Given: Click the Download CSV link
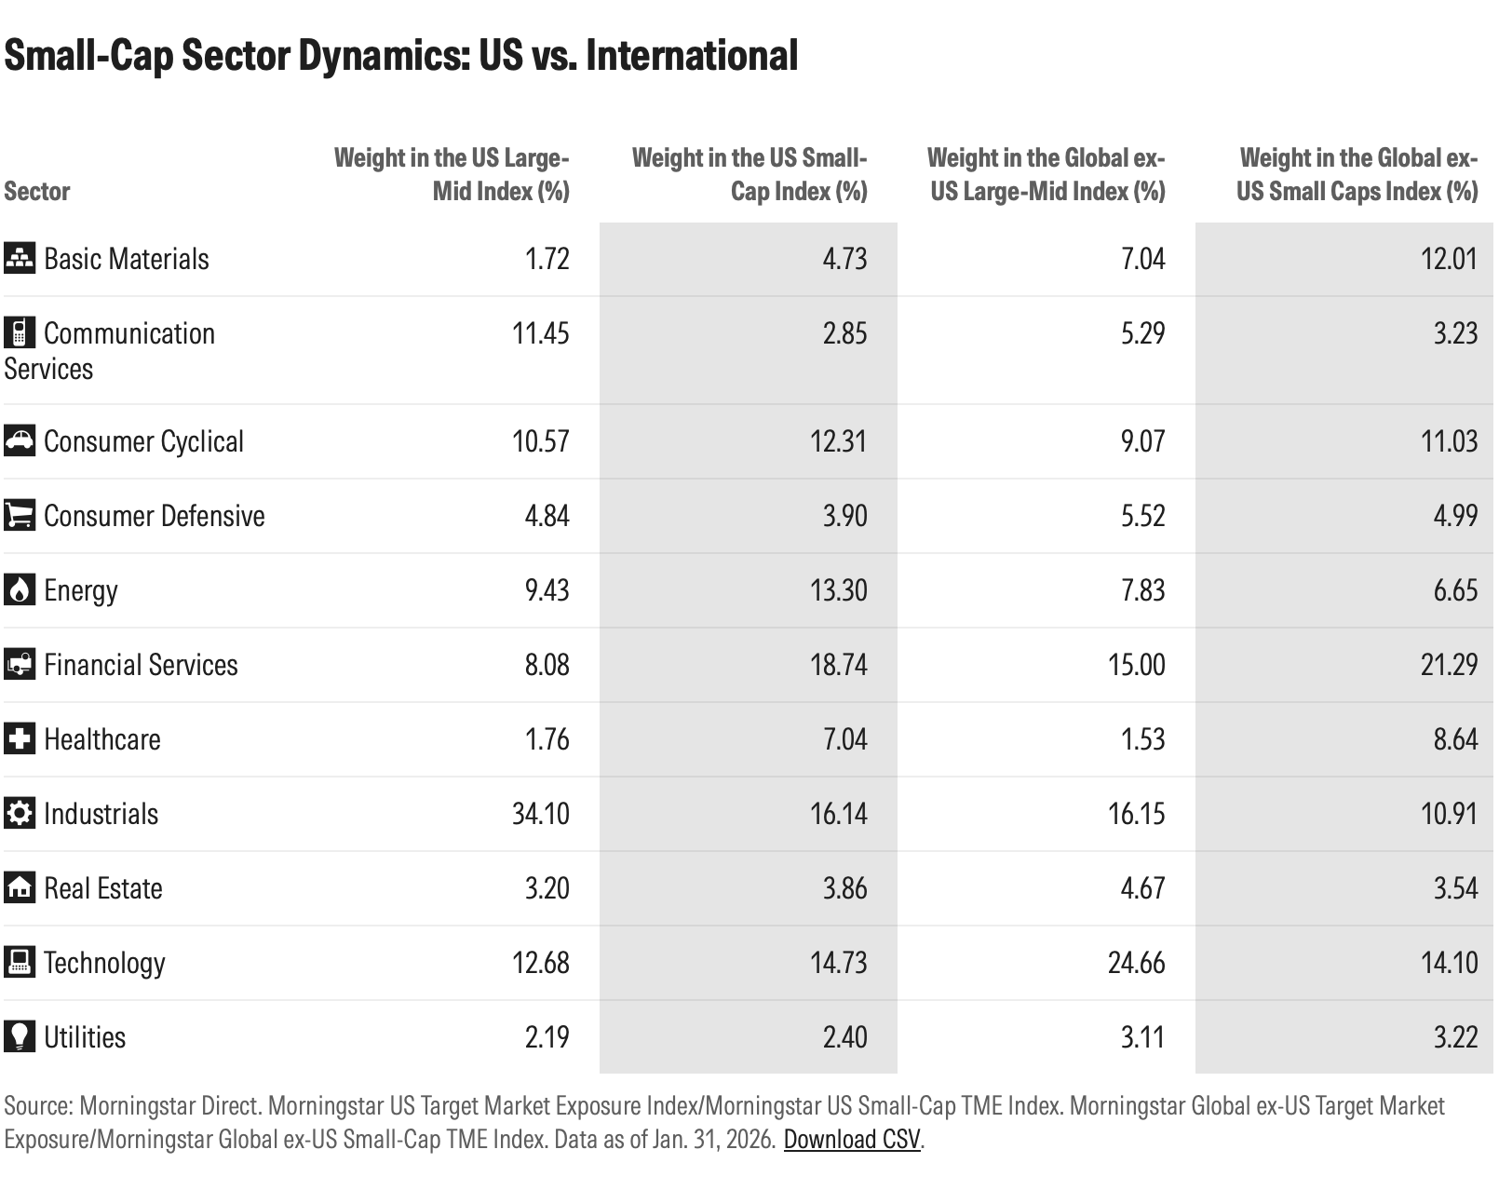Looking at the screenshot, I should click(851, 1140).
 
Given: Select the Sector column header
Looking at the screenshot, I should click(37, 191).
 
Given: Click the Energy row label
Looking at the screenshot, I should click(81, 590).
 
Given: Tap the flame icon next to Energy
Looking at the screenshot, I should click(19, 590).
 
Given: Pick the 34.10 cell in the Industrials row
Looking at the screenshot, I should click(540, 814).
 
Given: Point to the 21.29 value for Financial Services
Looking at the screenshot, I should click(1449, 665).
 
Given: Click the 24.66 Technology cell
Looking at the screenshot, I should click(1136, 963).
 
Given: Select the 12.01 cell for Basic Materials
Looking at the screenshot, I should click(1449, 259).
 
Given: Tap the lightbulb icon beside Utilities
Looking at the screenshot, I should click(19, 1036).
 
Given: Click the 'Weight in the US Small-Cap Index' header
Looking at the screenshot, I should click(749, 174).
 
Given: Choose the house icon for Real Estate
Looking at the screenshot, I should click(19, 887).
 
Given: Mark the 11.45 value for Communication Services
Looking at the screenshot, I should click(540, 333).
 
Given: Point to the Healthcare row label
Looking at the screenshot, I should click(102, 739).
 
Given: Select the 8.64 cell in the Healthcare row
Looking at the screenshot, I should click(1455, 739).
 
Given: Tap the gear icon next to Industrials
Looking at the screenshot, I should click(19, 813).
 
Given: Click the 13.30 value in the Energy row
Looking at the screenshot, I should click(838, 590).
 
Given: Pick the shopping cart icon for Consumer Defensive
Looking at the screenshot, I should click(19, 515).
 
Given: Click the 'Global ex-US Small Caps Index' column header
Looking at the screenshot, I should click(1357, 174).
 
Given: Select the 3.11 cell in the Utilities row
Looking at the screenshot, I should click(1142, 1037).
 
